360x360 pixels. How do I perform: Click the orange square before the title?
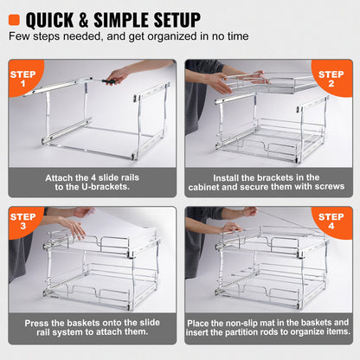(15, 18)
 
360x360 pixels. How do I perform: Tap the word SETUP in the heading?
(170, 18)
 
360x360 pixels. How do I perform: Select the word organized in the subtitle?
(174, 37)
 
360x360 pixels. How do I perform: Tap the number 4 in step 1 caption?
(86, 177)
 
